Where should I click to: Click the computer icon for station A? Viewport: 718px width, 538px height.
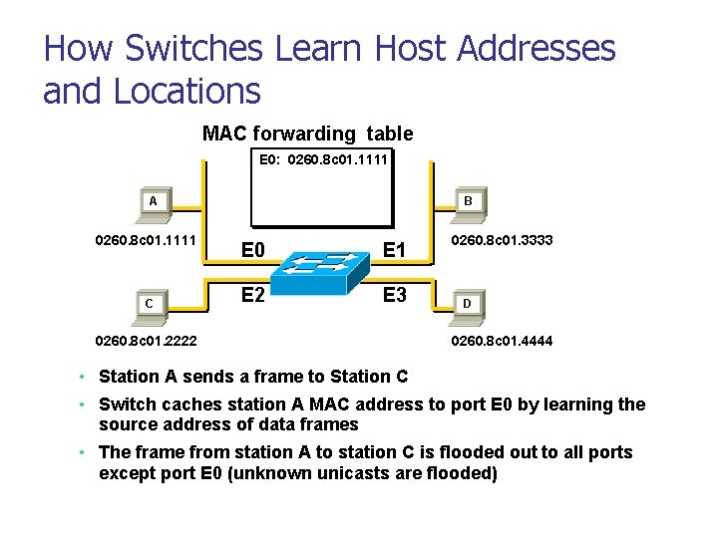click(153, 203)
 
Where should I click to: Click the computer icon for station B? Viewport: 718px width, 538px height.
click(469, 203)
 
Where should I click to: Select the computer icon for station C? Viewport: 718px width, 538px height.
click(148, 304)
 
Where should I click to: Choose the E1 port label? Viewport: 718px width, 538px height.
click(394, 249)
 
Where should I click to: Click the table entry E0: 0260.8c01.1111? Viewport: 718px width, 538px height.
click(322, 158)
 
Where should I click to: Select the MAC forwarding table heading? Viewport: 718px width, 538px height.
click(307, 133)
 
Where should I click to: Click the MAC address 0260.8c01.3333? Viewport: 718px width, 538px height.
click(503, 240)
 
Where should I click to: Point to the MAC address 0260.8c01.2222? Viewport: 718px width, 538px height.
click(146, 341)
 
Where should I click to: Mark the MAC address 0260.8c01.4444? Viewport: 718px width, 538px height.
click(503, 341)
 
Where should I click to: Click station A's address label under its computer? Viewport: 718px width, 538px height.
click(145, 240)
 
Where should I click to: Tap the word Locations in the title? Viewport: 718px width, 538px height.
click(187, 91)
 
